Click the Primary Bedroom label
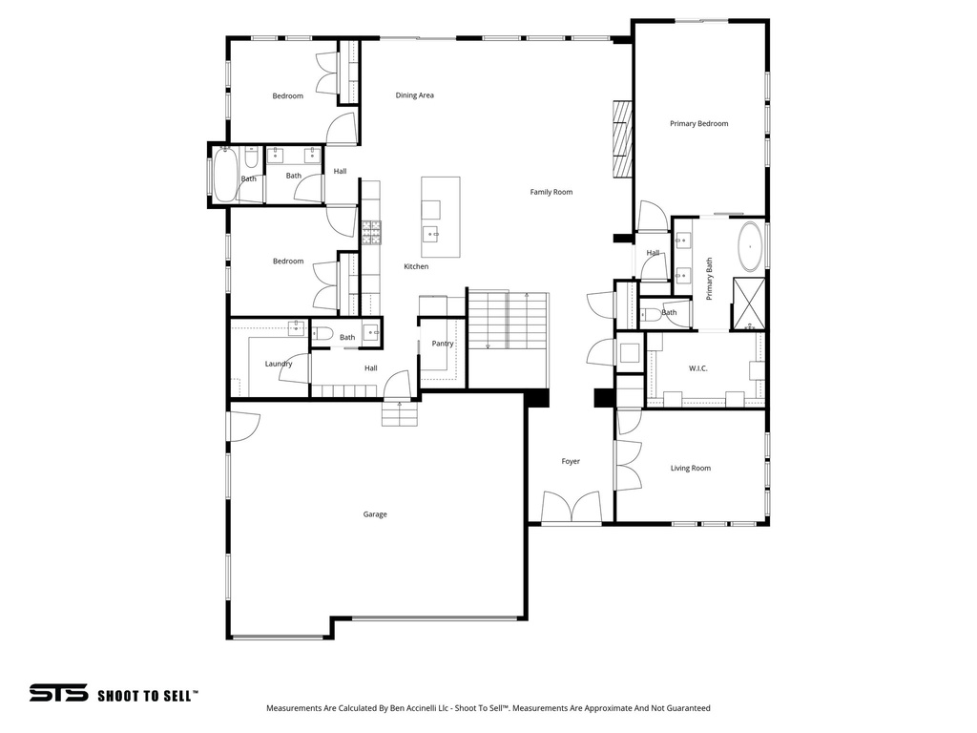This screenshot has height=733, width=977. point(698,124)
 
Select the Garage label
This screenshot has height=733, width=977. point(375,514)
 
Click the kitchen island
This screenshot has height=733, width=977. point(441,217)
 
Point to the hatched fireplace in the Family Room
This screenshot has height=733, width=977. point(622,139)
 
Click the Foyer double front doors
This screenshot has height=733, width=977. point(571,507)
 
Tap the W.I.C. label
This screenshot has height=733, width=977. point(697,368)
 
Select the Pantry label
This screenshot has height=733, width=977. point(443,344)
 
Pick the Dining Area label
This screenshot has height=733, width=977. point(415,95)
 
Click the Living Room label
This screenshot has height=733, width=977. point(691,469)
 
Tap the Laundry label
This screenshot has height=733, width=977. point(279,364)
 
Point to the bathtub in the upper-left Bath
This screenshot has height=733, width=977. point(224,174)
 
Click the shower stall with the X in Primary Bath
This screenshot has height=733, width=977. point(749,304)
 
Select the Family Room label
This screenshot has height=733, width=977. point(551,193)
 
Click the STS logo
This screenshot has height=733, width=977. point(58,694)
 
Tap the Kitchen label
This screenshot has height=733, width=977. point(416,267)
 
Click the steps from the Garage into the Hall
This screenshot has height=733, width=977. point(400,414)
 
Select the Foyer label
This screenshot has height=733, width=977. point(571,462)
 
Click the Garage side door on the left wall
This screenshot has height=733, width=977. point(242,425)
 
